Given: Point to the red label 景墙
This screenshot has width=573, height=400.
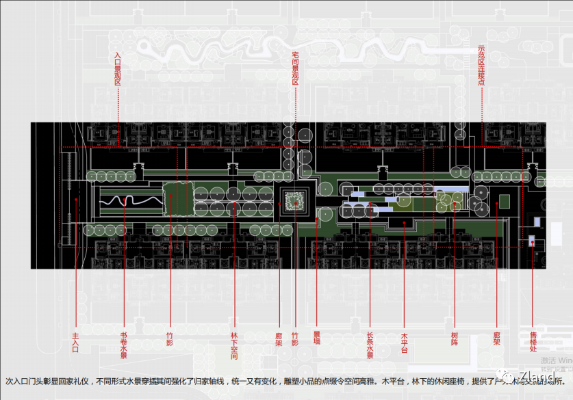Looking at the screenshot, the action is coord(316,338).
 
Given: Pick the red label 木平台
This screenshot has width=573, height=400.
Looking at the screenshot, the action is coord(404,343).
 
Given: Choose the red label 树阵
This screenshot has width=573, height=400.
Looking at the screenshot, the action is coord(454,338).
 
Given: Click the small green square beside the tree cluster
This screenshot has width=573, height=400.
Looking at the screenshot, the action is coord(505,202).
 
